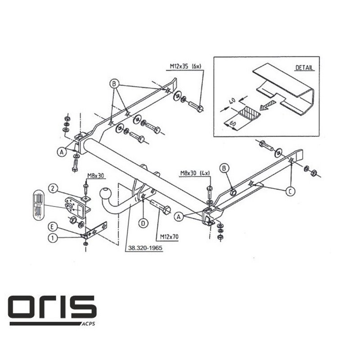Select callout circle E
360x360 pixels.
(53, 226)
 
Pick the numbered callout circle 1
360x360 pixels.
(53, 239)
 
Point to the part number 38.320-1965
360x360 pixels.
(143, 247)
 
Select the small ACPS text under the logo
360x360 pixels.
(87, 323)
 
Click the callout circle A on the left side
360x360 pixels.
(61, 153)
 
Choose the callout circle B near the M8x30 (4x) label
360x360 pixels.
(224, 168)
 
